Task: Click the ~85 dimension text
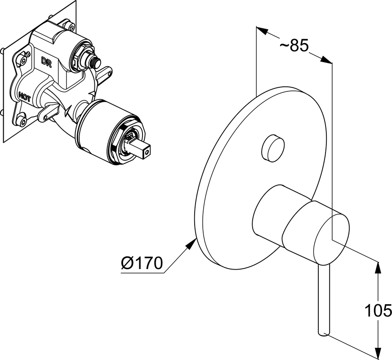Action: (x=294, y=45)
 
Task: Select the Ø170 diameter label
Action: (x=141, y=262)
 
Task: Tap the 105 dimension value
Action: (x=378, y=310)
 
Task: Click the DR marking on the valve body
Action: (x=46, y=62)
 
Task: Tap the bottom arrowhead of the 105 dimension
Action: (x=378, y=349)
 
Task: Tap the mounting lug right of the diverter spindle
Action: (x=107, y=72)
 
